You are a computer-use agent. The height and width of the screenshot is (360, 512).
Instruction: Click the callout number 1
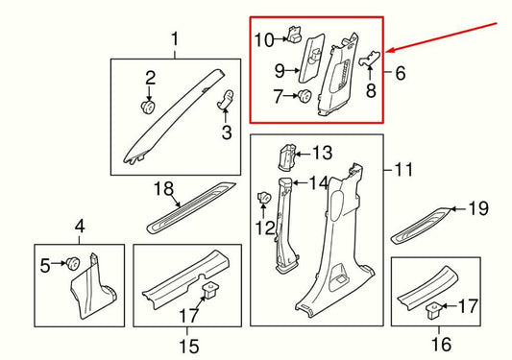(x=175, y=39)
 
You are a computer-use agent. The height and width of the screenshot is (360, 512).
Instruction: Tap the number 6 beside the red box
(x=400, y=72)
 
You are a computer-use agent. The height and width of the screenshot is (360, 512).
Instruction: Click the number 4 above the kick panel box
(x=80, y=227)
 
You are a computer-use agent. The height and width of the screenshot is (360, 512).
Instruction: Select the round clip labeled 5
(x=72, y=263)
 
